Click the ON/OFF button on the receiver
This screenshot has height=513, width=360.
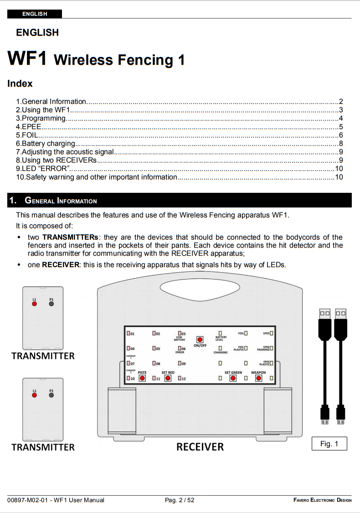point(200,339)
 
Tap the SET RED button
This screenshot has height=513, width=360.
point(168,378)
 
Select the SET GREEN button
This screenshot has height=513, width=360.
point(233,378)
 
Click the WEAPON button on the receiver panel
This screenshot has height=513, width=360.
point(258,378)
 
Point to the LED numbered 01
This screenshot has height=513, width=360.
point(128,333)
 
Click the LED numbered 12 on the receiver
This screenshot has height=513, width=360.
point(180,378)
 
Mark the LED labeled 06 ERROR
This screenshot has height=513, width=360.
point(180,348)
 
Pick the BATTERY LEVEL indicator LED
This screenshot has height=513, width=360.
point(220,333)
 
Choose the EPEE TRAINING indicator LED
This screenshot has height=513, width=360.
point(271,348)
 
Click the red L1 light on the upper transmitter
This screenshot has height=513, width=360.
point(34,303)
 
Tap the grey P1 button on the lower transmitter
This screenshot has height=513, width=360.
point(51,395)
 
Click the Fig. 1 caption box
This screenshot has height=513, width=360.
point(329,444)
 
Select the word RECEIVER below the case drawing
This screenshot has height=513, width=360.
point(200,447)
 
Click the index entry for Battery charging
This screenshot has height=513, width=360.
point(46,143)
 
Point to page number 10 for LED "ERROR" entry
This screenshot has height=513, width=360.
point(339,168)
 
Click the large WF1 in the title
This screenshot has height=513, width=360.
point(27,59)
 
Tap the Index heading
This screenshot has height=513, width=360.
point(20,83)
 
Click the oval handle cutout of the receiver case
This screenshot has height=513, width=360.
point(200,288)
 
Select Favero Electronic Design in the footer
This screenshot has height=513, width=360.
point(322,500)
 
